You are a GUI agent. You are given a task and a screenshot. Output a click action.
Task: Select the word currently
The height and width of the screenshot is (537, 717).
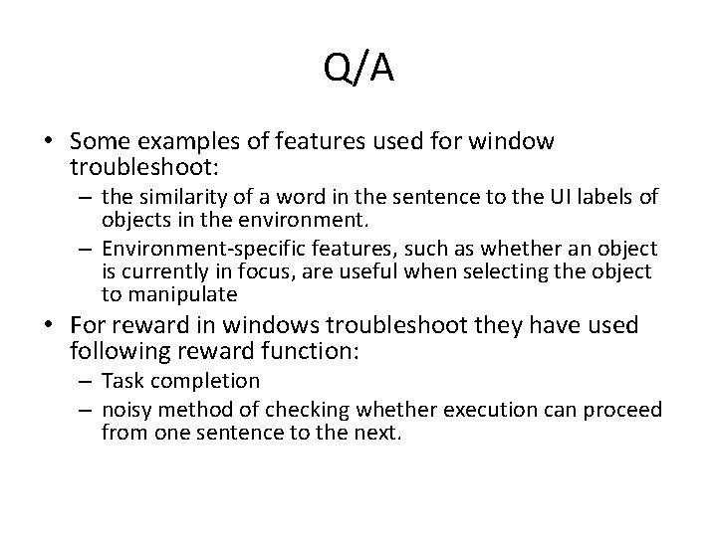coord(169,270)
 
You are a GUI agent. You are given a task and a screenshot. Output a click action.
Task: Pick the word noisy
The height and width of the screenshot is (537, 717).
coord(126,412)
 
